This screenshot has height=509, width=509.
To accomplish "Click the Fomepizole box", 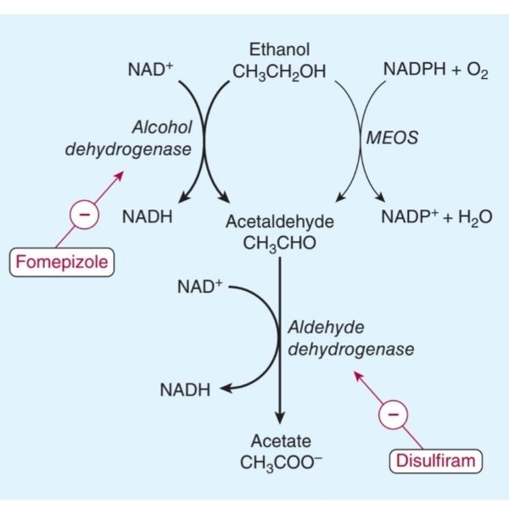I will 61,261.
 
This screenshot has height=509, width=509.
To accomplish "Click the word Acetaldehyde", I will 280,221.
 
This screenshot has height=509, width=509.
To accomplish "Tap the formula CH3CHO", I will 280,243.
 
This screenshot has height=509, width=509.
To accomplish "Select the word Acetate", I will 281,441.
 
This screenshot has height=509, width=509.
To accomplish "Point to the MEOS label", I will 392,137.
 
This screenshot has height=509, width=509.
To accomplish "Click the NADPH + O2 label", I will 435,71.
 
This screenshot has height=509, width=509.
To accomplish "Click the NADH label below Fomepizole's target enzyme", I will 148,217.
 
